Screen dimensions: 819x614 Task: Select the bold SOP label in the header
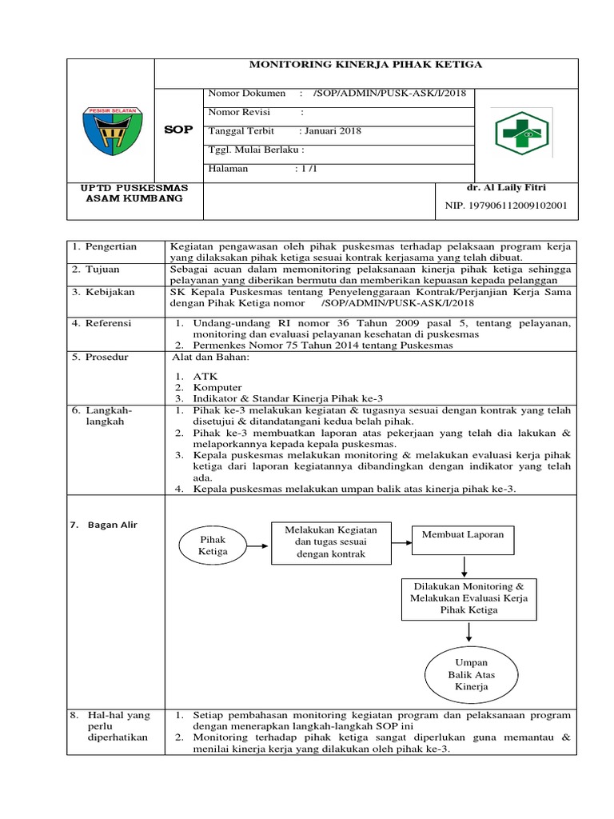178,130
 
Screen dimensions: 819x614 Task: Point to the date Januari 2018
330,130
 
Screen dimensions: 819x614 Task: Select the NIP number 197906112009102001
506,206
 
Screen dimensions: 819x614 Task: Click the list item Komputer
217,387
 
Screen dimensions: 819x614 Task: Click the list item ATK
204,376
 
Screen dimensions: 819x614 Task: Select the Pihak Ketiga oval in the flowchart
213,545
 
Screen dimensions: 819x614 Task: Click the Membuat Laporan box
464,534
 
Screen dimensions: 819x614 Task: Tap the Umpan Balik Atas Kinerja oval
471,675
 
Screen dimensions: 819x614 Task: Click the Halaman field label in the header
229,169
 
